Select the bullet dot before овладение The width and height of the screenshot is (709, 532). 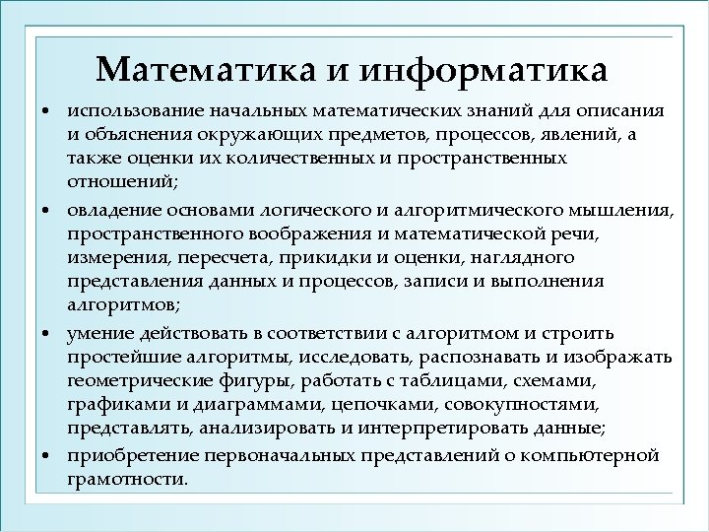click(x=46, y=209)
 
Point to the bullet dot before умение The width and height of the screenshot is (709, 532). click(x=46, y=333)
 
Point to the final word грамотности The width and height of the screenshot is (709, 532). click(x=126, y=481)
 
